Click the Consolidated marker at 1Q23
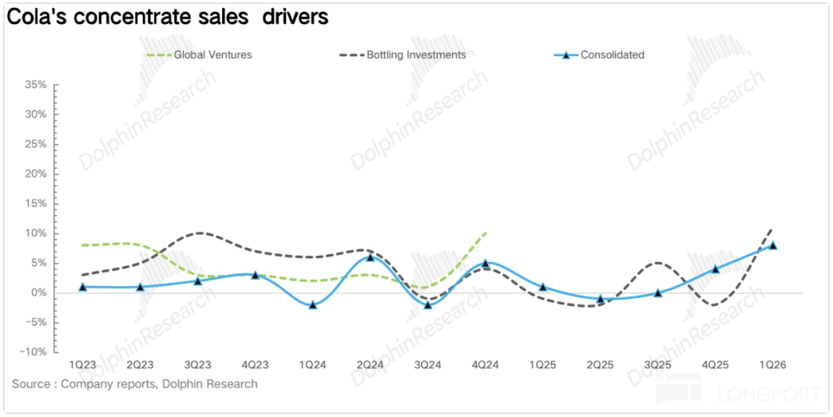point(83,287)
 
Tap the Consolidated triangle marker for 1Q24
point(312,304)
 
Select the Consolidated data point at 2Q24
point(370,257)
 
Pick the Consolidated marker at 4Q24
point(485,263)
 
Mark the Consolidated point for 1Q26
point(774,245)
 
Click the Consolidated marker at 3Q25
point(658,293)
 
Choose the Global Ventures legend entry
point(212,55)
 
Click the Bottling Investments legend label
point(416,55)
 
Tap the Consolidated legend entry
point(612,55)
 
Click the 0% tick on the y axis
point(39,293)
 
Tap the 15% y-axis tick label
point(36,203)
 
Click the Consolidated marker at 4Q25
point(716,269)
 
